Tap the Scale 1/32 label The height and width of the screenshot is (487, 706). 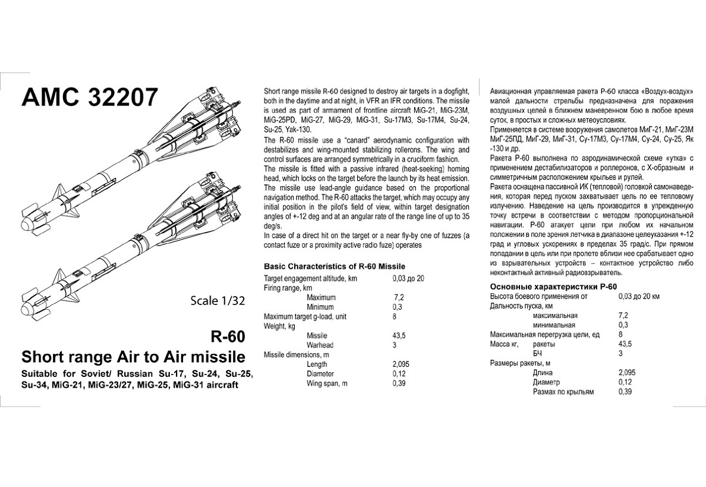point(218,300)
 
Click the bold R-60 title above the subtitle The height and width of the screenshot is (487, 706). point(228,337)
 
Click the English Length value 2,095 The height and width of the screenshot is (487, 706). point(401,364)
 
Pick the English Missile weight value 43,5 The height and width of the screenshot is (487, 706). point(399,335)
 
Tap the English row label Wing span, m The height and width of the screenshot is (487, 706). point(327,384)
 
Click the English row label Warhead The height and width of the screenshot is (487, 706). point(320,345)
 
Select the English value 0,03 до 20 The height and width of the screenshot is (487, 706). point(408,278)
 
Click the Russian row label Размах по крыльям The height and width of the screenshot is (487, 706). point(563,392)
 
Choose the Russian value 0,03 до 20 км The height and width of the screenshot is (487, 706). point(639,296)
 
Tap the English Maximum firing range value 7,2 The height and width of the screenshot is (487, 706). point(399,297)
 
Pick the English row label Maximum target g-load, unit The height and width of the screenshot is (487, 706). point(304,316)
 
